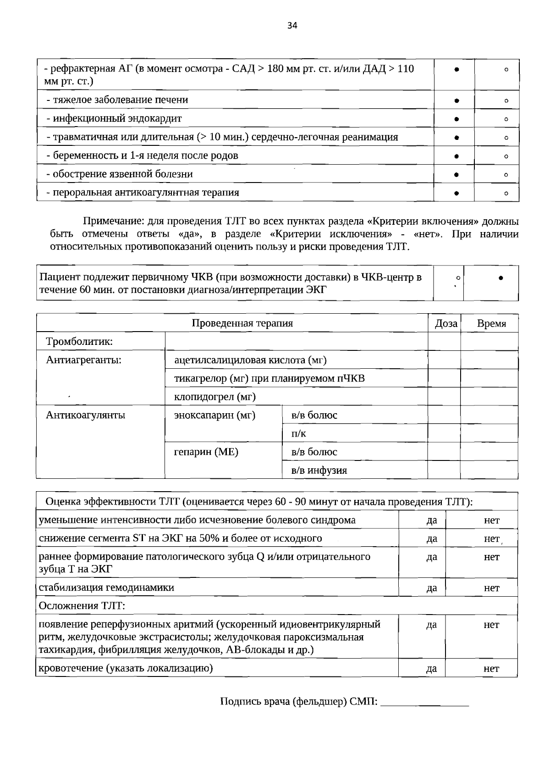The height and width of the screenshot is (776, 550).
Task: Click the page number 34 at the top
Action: (x=292, y=26)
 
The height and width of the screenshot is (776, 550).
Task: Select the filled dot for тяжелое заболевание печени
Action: (x=457, y=100)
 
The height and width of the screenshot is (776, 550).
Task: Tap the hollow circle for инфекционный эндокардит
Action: (x=506, y=119)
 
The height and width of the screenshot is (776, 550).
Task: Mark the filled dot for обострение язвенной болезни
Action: (x=457, y=174)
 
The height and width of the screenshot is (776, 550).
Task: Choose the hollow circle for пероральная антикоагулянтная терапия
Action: (x=506, y=193)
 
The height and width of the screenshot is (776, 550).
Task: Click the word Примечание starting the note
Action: (x=113, y=222)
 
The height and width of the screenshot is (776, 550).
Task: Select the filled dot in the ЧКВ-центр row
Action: (x=501, y=278)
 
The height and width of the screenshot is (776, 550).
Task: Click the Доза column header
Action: (x=445, y=324)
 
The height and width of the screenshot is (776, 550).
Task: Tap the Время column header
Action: (x=491, y=324)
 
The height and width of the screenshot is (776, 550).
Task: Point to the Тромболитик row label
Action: (x=79, y=342)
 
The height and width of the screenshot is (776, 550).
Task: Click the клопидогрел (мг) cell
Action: (x=215, y=397)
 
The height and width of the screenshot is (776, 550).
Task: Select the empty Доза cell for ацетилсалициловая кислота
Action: (x=444, y=360)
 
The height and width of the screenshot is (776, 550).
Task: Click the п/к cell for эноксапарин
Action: (x=299, y=433)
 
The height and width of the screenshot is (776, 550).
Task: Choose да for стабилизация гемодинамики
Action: (x=431, y=588)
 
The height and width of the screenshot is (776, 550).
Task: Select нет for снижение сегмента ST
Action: (x=491, y=538)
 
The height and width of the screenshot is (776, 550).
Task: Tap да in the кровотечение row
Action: (x=431, y=669)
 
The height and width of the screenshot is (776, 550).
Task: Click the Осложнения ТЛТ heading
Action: (x=82, y=606)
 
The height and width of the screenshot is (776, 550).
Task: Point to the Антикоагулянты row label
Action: (x=86, y=415)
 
